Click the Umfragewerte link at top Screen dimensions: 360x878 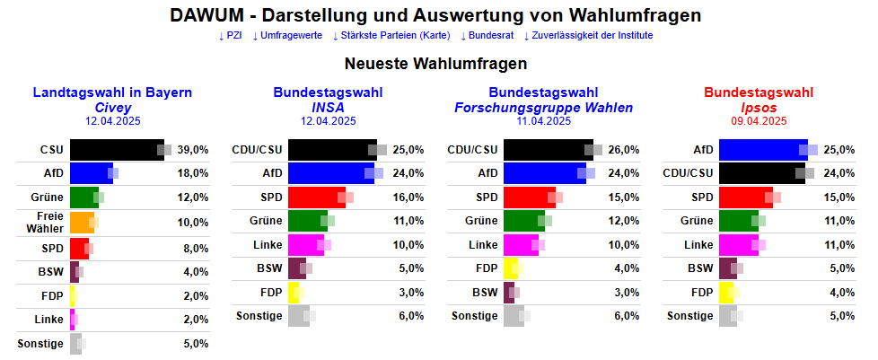[x=286, y=35]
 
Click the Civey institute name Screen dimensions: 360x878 [x=113, y=107]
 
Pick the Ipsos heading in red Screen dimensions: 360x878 [x=759, y=107]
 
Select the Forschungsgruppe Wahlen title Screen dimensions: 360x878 [x=544, y=107]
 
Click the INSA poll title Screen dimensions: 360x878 [x=328, y=107]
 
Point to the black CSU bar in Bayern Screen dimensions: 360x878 [x=115, y=150]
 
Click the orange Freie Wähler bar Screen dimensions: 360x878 [x=81, y=220]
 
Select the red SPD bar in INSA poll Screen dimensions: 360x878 [x=314, y=197]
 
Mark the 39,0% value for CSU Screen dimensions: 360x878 [x=193, y=150]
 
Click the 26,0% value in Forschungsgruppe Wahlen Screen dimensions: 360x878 [x=624, y=150]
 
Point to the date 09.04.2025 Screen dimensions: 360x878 [x=759, y=121]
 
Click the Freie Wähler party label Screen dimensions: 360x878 [x=50, y=221]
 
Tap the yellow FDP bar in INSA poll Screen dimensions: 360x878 [x=293, y=291]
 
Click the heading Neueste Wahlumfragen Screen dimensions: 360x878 [x=435, y=64]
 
